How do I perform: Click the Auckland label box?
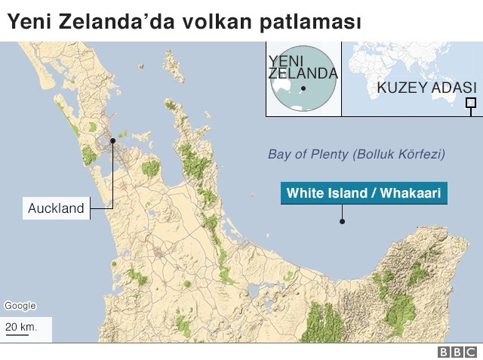click(x=56, y=208)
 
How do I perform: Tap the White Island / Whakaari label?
click(x=363, y=193)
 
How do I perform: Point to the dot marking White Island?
click(x=342, y=222)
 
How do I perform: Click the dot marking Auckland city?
click(x=112, y=140)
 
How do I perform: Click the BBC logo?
click(x=457, y=352)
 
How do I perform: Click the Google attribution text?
click(x=20, y=306)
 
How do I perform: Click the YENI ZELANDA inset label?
click(x=302, y=66)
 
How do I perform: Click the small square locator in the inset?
click(x=471, y=103)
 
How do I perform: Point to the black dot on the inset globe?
click(x=303, y=89)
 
